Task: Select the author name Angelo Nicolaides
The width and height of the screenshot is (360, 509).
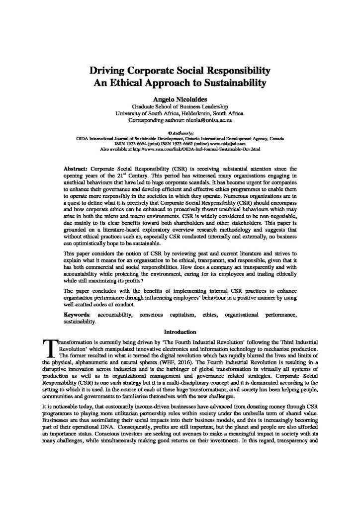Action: [180, 98]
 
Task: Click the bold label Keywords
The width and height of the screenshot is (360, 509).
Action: [78, 315]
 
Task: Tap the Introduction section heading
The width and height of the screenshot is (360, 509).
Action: [180, 332]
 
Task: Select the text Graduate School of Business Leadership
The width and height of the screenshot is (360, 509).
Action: [180, 106]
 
